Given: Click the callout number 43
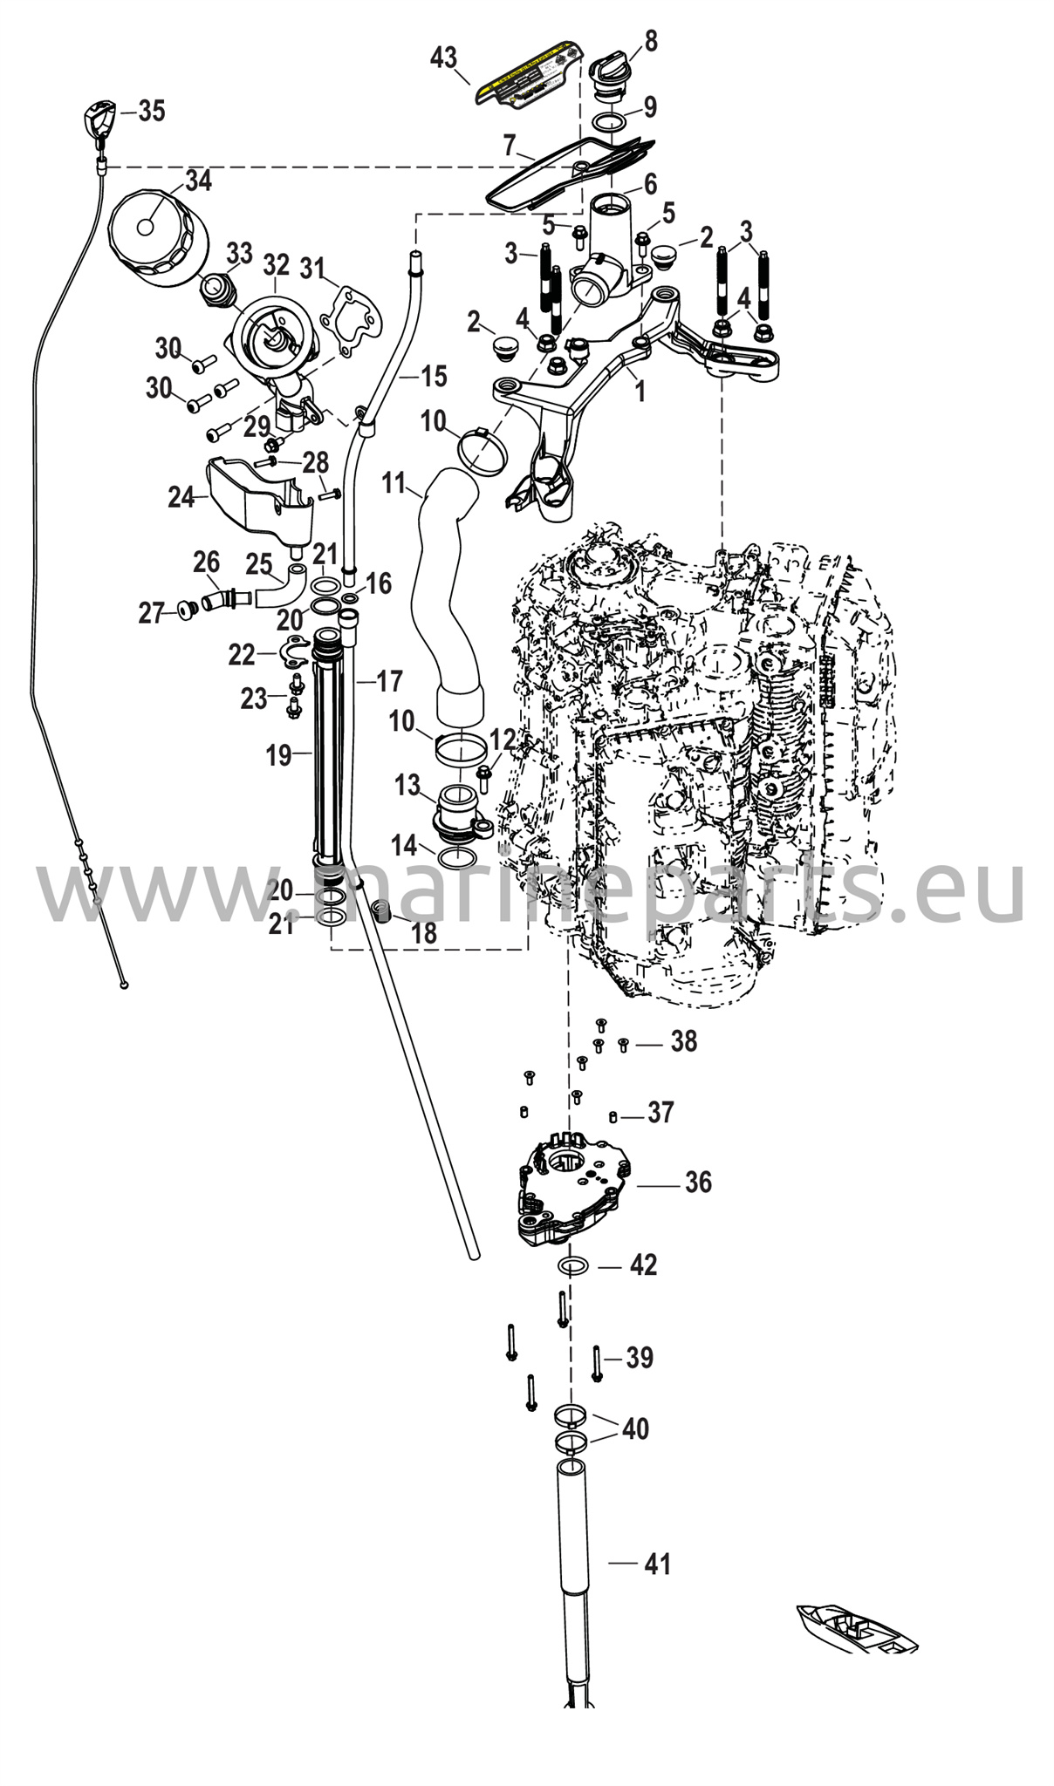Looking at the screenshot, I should click(443, 58).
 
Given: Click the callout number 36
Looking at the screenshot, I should click(698, 1182).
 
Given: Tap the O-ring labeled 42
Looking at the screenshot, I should click(572, 1265).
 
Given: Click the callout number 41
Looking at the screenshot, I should click(657, 1564).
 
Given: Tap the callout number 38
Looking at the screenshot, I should click(683, 1040).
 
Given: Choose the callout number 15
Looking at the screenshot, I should click(434, 376).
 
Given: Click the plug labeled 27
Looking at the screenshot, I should click(185, 609).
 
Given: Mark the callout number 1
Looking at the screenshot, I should click(640, 392).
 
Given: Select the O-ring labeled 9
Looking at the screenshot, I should click(612, 119).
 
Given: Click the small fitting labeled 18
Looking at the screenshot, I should click(380, 912).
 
